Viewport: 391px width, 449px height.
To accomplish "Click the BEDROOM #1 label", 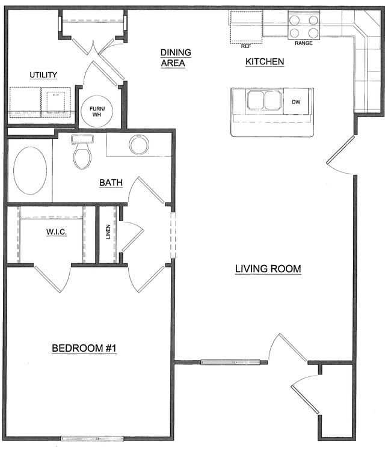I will (x=84, y=348).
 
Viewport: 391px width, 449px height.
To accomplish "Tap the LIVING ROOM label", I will (x=268, y=269).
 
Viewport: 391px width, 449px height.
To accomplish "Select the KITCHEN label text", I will (x=265, y=62).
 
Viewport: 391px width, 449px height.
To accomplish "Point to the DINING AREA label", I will (x=176, y=58).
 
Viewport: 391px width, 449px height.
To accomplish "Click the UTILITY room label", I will (x=43, y=75).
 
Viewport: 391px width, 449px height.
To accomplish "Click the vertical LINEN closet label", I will (x=108, y=232).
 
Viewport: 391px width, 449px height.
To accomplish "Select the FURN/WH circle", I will (x=96, y=111).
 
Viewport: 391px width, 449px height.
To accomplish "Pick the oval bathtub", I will (x=30, y=170).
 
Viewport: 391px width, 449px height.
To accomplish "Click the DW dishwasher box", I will (x=296, y=102).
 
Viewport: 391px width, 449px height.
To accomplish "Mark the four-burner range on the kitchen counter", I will (x=304, y=26).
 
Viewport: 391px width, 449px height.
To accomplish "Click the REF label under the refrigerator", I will (x=245, y=46).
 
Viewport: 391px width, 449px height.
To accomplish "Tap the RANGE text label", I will (x=303, y=43).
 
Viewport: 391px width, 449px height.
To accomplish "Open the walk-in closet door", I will (x=51, y=279).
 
